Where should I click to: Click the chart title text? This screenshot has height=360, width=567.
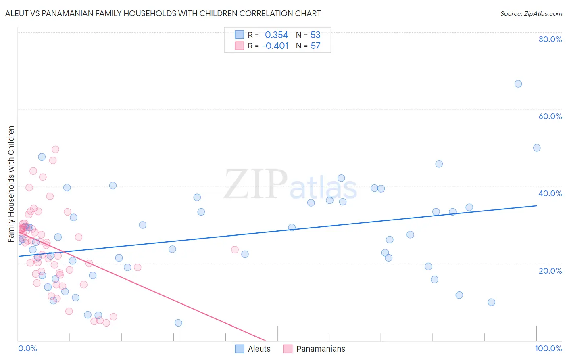pos(163,13)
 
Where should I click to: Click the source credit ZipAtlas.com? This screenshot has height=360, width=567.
pos(531,13)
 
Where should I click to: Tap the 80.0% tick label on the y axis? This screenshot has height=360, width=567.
pos(550,39)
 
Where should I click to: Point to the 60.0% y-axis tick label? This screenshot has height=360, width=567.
pos(550,116)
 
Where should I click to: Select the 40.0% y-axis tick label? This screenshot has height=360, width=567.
pos(550,193)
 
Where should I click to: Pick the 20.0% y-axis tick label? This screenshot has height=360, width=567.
pos(550,270)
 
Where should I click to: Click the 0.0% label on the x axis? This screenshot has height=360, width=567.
pos(27,348)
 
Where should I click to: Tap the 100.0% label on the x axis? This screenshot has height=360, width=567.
pos(548,348)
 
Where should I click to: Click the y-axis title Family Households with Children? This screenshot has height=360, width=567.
pos(11,184)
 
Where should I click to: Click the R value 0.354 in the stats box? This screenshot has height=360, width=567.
pos(276,35)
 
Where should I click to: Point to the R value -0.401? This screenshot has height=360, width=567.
pos(275,46)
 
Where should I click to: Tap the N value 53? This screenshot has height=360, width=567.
pos(315,35)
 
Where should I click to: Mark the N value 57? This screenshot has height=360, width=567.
pos(315,46)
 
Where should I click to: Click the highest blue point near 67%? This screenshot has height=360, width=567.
pos(518,84)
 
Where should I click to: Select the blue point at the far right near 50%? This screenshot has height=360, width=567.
pos(537,148)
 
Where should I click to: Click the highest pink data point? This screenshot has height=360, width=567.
pos(56,149)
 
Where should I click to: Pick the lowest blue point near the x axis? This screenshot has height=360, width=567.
pos(178,323)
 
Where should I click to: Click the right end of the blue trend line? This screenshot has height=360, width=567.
pos(536,206)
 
